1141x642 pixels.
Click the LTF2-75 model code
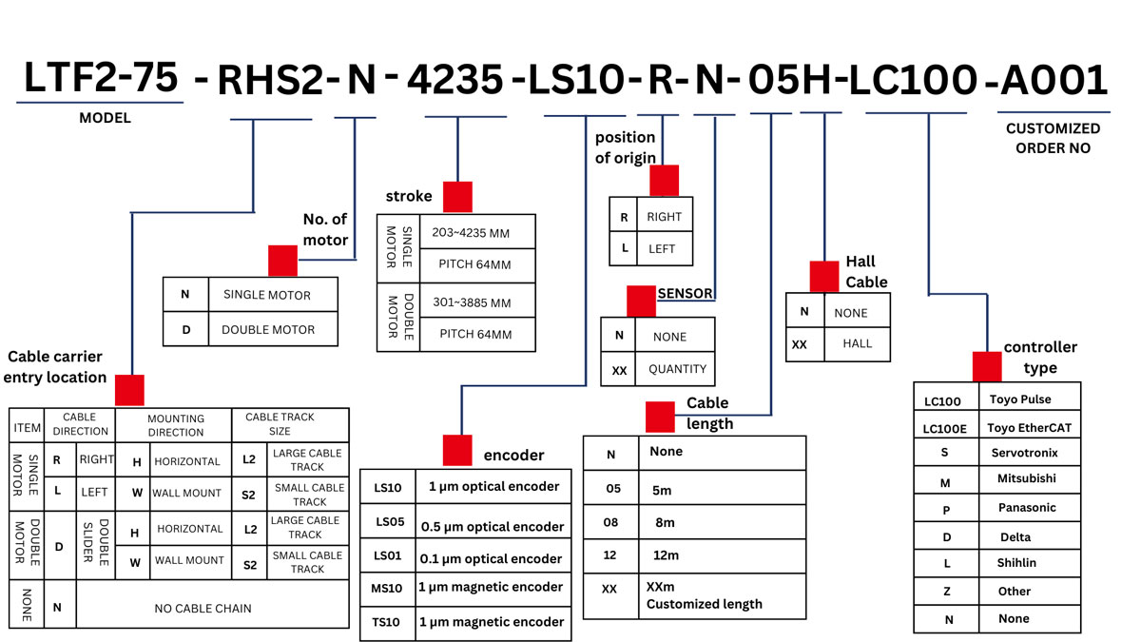pos(101,78)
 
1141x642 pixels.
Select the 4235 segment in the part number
pos(454,80)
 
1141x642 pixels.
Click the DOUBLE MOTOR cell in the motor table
pos(267,329)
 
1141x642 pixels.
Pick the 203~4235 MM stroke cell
pos(475,232)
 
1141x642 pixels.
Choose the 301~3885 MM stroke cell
pos(475,302)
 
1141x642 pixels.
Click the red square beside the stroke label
pos(457,197)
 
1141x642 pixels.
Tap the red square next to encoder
pos(457,450)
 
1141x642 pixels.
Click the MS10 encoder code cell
pos(389,588)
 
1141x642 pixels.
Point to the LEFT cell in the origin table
pos(662,249)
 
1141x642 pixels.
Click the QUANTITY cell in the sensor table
pos(677,369)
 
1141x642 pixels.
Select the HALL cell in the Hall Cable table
pos(857,344)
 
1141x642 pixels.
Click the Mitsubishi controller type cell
pos(1026,479)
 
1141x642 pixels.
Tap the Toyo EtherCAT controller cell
pos(1029,428)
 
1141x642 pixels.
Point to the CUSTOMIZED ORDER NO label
pos(1053,138)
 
